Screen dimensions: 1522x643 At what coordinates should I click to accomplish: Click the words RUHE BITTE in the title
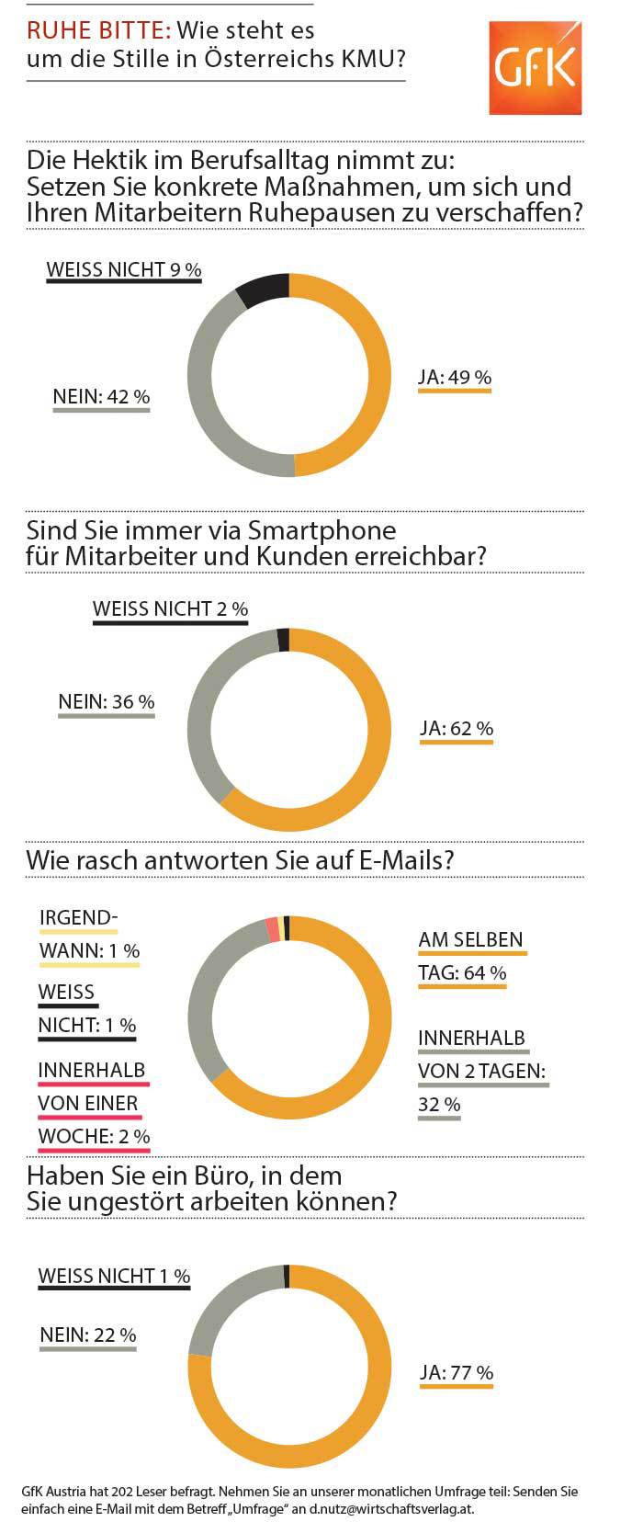(98, 30)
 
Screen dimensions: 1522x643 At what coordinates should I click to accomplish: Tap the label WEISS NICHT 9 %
(124, 269)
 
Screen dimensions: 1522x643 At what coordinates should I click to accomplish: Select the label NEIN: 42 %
(101, 397)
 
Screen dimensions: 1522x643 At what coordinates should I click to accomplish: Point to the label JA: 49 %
(455, 377)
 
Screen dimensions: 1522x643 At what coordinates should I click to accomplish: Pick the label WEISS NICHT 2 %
(171, 608)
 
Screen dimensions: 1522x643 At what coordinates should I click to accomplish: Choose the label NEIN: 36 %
(107, 701)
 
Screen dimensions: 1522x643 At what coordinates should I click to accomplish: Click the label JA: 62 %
(457, 728)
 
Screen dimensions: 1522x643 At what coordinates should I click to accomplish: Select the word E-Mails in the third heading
(409, 860)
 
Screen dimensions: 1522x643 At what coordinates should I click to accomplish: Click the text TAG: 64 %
(462, 971)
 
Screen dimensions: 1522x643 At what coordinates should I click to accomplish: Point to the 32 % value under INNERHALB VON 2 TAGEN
(439, 1104)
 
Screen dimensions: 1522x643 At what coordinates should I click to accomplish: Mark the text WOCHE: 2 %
(94, 1136)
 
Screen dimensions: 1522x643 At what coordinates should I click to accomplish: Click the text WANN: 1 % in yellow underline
(89, 950)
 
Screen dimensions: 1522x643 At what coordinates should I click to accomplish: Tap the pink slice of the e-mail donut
(273, 929)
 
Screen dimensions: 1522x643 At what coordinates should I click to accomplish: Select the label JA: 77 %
(457, 1372)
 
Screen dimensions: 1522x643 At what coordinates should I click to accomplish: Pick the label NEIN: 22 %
(88, 1335)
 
